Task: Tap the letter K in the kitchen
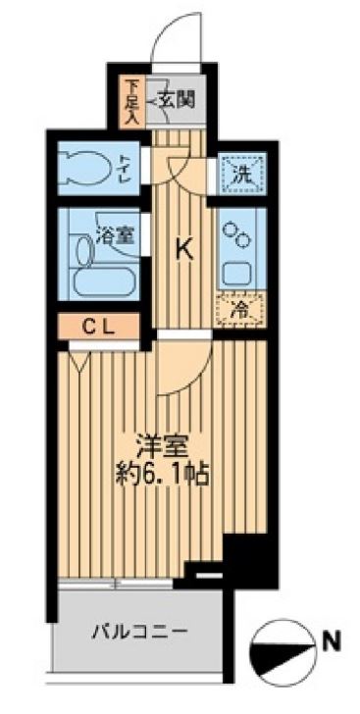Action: coord(183,250)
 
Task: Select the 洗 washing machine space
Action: coord(239,176)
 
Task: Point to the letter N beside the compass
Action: coord(333,644)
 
